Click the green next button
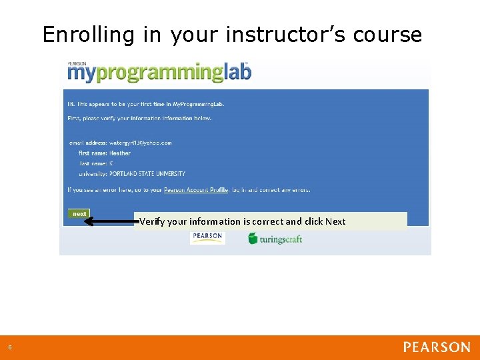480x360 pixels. click(x=79, y=214)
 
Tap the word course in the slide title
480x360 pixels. click(x=387, y=35)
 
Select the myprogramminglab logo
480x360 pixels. click(x=159, y=72)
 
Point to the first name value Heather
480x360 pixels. click(x=120, y=153)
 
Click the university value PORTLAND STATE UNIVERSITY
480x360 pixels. click(x=147, y=174)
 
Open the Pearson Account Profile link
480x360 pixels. click(x=196, y=190)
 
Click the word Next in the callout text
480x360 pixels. click(x=335, y=221)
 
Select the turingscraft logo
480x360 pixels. click(x=275, y=238)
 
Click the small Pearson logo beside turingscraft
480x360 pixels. click(x=207, y=237)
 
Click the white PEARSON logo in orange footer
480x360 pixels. click(x=437, y=347)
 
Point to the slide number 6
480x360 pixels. click(x=10, y=347)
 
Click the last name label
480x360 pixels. click(x=93, y=163)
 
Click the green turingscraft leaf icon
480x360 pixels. click(x=253, y=238)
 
